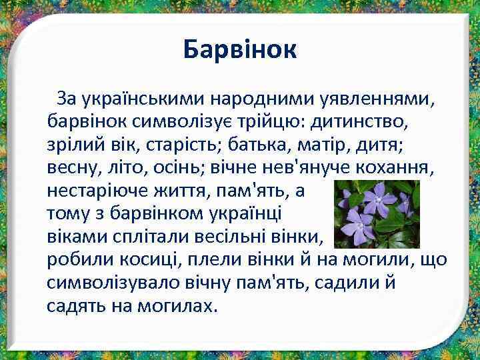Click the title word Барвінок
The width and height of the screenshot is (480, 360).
(x=240, y=49)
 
